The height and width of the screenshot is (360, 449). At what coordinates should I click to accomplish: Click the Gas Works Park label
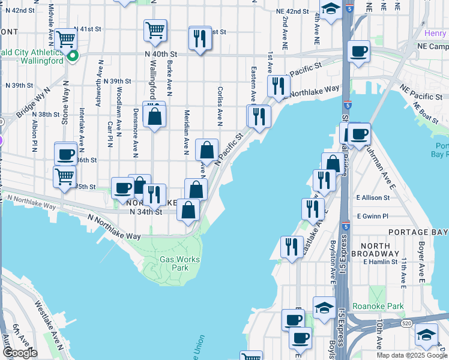179,264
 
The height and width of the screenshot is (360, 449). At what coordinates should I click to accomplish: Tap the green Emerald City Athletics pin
73,56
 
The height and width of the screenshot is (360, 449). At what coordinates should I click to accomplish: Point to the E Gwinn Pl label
373,216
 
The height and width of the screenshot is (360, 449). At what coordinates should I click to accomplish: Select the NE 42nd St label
292,11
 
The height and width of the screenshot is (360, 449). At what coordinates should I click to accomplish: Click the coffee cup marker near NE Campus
359,51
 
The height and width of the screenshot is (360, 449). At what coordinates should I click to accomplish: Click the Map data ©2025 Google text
411,355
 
